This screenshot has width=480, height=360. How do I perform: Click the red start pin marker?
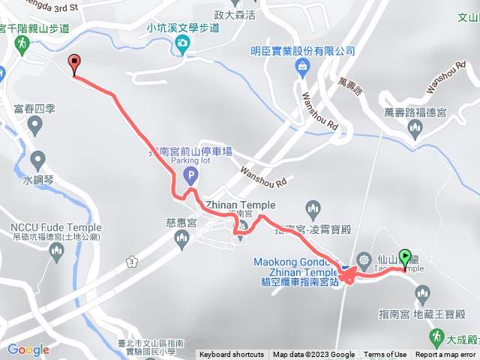pos(73,64)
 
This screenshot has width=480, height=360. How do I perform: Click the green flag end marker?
pos(406,259)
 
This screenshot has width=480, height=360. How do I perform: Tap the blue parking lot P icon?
pos(190,177)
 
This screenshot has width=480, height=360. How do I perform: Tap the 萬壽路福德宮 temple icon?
pos(415,130)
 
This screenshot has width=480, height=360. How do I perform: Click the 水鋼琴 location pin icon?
pos(37,160)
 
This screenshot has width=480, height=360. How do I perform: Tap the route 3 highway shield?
pos(132,261)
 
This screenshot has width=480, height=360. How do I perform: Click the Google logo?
pos(28,349)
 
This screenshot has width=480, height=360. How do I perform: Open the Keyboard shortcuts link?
pos(232,355)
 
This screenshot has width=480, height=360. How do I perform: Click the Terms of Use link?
pos(385,355)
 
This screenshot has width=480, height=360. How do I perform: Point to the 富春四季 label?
pos(34,109)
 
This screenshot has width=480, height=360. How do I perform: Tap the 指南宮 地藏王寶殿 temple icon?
pos(421,293)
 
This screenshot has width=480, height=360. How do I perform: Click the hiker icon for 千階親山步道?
pos(17,43)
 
